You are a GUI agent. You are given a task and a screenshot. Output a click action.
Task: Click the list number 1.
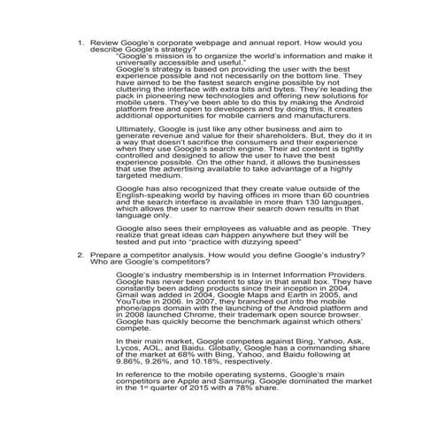point(81,42)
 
